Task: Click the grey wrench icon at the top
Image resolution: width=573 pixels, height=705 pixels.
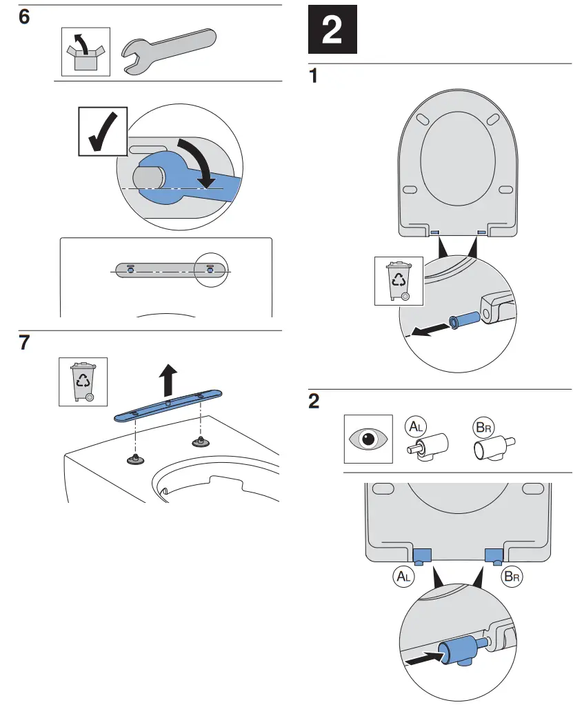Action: tap(168, 51)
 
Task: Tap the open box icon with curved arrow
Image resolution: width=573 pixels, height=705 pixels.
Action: tap(86, 52)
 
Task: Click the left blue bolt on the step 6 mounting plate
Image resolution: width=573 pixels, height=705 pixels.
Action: tap(130, 268)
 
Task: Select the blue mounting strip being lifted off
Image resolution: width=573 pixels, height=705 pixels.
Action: tap(168, 404)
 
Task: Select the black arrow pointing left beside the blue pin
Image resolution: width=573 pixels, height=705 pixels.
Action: tap(426, 330)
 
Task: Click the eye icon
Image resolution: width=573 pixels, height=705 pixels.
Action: tap(368, 439)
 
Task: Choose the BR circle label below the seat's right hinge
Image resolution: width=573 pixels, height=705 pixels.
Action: tap(512, 576)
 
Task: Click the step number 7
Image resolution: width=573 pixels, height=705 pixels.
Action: tap(24, 343)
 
